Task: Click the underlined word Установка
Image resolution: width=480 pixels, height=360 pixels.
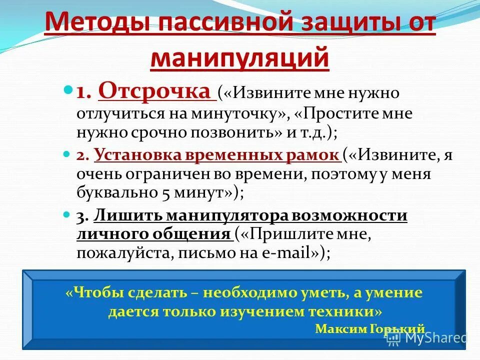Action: [128, 155]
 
